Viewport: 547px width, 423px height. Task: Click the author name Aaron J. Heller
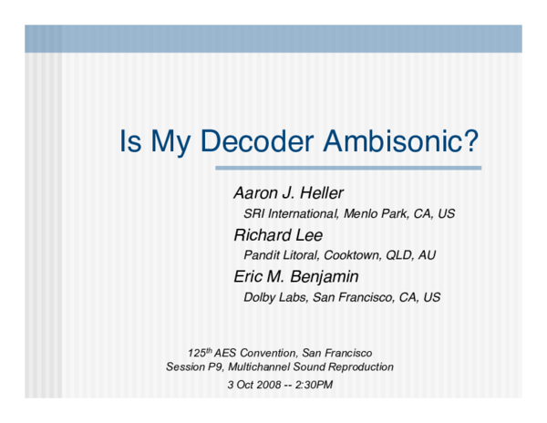[287, 193]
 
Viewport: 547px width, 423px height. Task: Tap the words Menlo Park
[375, 214]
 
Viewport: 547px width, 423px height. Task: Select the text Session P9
[197, 367]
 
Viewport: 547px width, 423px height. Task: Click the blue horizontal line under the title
[347, 168]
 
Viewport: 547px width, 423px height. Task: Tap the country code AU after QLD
[426, 255]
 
